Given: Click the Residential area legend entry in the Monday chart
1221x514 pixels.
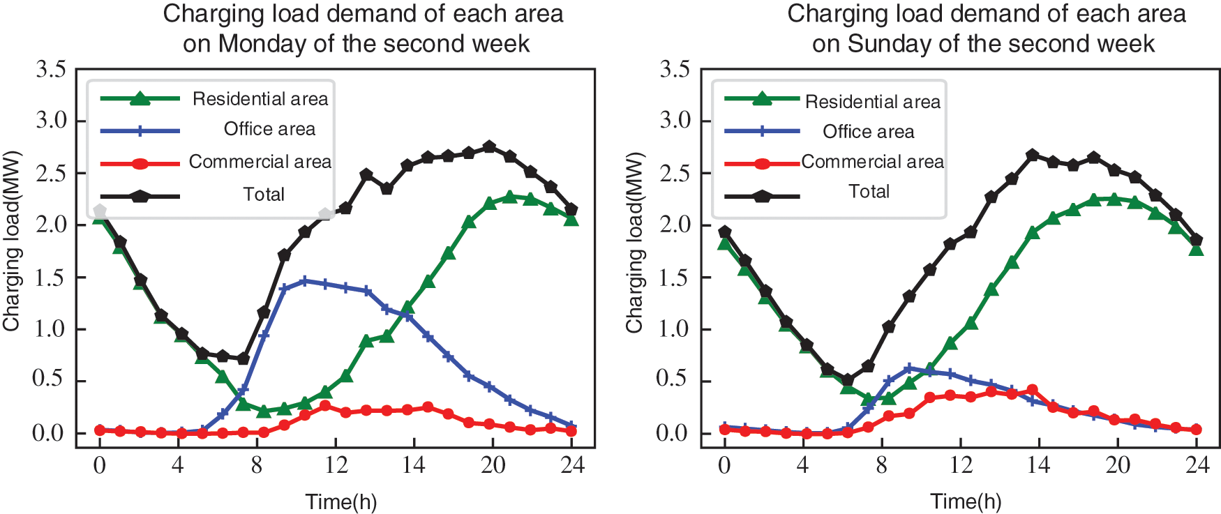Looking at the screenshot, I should point(260,99).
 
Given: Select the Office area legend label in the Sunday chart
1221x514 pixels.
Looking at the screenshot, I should point(868,132).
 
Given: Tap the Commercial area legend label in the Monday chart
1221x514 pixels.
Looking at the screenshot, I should point(260,162).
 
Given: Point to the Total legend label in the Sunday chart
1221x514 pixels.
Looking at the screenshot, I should point(869,192).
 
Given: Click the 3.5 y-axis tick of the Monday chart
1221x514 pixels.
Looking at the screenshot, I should point(51,70).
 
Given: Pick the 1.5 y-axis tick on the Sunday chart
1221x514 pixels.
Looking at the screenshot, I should point(675,278).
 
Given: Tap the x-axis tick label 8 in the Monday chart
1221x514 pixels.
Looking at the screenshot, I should point(256,465).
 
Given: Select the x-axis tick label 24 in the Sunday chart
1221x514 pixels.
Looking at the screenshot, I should point(1197,465).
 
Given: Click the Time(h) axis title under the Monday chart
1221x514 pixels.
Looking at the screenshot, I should point(340,501).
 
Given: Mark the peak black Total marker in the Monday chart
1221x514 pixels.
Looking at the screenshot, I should point(489,147).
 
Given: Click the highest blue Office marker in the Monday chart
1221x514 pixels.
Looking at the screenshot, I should point(304,281).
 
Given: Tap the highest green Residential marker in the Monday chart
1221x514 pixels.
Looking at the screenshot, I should point(510,197).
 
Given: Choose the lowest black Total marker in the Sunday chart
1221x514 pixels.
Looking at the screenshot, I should point(848,380).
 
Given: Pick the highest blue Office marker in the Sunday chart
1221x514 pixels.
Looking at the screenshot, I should point(908,368).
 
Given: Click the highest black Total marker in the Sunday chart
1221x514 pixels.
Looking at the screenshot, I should point(1033,155).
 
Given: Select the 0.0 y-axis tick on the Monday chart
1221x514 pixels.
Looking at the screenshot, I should point(50,434).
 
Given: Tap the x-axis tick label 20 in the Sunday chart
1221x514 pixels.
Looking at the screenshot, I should point(1118,465).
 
